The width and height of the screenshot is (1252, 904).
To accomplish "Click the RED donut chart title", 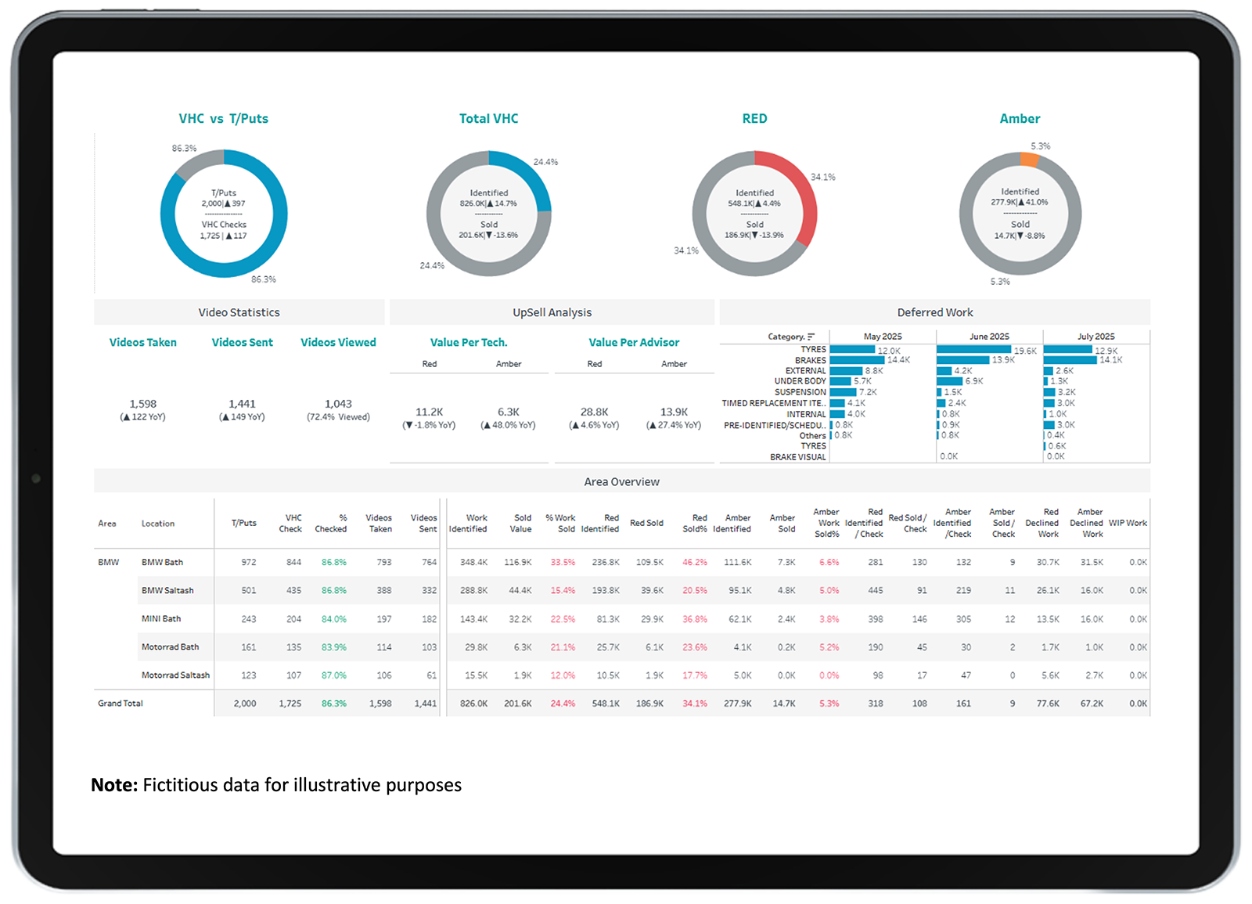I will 754,118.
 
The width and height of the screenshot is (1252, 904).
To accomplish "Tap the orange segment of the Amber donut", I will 1029,159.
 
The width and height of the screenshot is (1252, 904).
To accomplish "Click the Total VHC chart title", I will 488,118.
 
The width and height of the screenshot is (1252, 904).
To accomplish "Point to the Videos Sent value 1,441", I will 242,404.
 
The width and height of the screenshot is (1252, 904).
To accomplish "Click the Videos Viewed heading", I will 338,342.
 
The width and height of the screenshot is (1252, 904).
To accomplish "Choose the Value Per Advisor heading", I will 634,342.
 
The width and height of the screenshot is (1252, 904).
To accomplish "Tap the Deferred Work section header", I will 934,312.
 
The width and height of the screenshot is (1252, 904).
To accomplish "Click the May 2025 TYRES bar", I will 852,350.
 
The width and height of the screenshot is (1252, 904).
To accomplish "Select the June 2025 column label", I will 989,337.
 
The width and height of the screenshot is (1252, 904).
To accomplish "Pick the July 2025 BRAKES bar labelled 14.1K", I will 1070,360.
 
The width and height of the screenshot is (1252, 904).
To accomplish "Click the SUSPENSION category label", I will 800,392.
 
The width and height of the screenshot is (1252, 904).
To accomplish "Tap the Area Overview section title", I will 621,481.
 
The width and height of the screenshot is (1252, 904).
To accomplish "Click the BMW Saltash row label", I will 167,590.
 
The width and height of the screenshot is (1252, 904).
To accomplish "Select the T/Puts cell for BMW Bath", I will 248,562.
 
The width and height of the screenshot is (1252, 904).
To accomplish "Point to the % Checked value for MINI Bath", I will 333,618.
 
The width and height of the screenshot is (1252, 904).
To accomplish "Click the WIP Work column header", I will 1128,523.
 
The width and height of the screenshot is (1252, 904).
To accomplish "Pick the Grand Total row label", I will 121,703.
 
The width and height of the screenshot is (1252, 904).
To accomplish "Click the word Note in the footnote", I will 114,785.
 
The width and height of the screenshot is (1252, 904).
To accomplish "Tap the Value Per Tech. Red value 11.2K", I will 429,412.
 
